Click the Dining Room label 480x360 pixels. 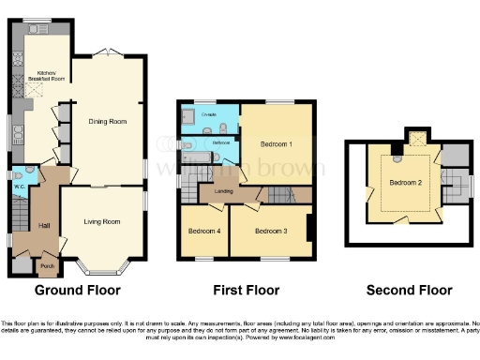point(108,121)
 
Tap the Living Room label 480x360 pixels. point(101,222)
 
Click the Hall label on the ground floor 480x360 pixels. point(43,226)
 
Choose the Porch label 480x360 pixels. point(46,265)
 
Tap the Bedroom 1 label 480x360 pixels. point(277,143)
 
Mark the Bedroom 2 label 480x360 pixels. point(405,181)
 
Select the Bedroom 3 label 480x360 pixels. point(270,231)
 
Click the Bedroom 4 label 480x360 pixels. point(203,231)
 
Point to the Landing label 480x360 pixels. point(224,192)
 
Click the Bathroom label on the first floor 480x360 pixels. point(221,142)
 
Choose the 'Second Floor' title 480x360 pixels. point(403,290)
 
